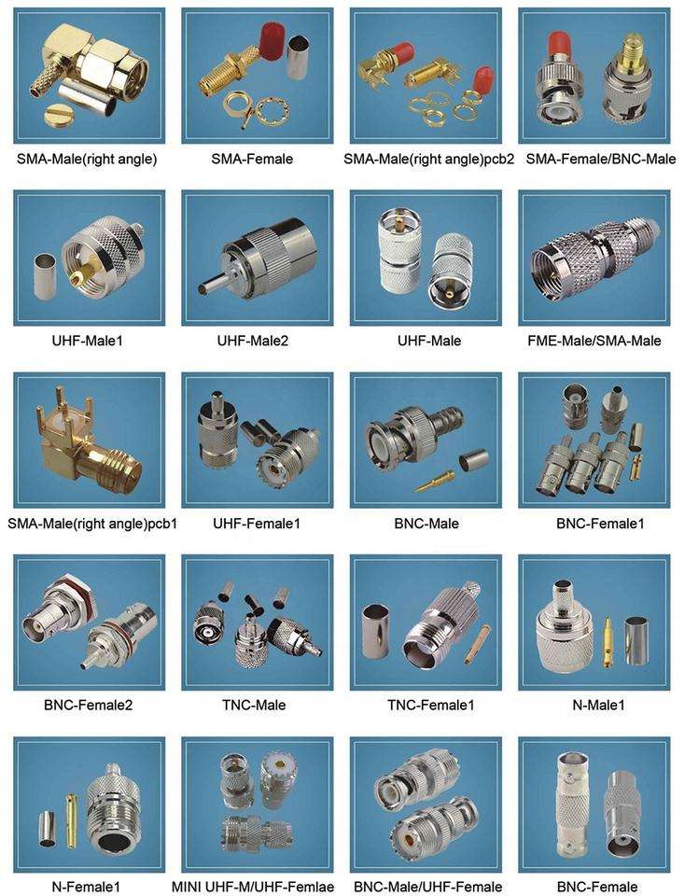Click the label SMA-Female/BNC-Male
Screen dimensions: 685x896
tap(600, 159)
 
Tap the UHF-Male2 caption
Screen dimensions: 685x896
tap(253, 342)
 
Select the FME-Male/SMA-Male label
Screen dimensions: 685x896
tap(594, 342)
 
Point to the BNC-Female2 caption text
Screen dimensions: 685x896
tap(88, 706)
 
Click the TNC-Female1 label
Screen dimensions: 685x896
tap(431, 706)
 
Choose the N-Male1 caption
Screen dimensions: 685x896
tap(598, 706)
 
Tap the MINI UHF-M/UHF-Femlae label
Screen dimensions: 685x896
tap(253, 888)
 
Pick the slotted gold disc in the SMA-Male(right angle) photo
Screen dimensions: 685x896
tap(57, 115)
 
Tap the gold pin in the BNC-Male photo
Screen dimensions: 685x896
tap(435, 482)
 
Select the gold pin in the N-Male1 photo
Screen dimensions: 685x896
tap(608, 642)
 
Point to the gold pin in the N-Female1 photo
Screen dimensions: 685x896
tap(71, 820)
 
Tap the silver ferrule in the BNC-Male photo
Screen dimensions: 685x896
tap(474, 457)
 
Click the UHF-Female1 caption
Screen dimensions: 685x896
tap(256, 524)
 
